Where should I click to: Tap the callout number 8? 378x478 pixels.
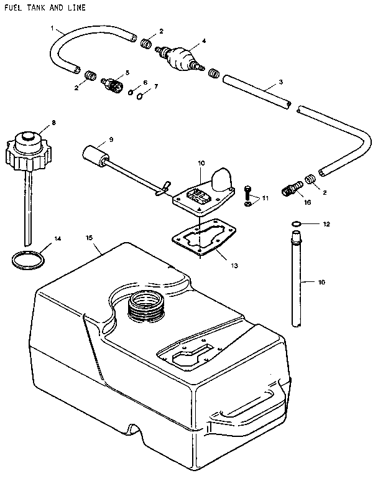click(x=53, y=123)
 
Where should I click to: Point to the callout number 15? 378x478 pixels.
click(x=89, y=238)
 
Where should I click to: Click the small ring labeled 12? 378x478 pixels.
click(x=297, y=223)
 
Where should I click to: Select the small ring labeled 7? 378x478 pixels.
click(x=141, y=96)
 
